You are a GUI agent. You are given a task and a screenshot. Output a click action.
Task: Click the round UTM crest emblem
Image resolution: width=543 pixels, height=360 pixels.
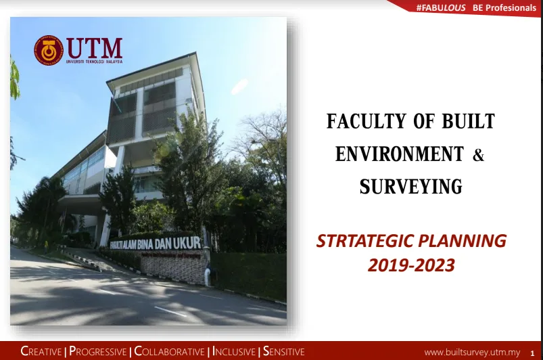pyautogui.click(x=49, y=50)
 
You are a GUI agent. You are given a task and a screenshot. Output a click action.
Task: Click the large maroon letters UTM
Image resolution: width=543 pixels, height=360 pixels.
pyautogui.click(x=95, y=48)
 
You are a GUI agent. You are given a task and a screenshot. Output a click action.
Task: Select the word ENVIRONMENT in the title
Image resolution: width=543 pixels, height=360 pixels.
pyautogui.click(x=400, y=154)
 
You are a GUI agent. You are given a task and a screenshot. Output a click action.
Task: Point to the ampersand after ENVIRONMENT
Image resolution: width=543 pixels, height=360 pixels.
pyautogui.click(x=478, y=154)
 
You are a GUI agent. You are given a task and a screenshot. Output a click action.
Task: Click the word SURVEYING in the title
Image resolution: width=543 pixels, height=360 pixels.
pyautogui.click(x=410, y=186)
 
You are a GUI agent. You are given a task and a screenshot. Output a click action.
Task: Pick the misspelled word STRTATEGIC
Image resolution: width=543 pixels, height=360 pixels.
pyautogui.click(x=365, y=241)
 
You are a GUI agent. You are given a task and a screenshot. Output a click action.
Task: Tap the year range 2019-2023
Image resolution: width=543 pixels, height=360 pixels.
pyautogui.click(x=411, y=265)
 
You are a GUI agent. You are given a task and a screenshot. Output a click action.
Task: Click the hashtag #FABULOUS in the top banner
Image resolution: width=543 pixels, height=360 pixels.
pyautogui.click(x=441, y=7)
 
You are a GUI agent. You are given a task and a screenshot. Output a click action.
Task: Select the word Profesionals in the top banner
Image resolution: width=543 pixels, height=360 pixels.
pyautogui.click(x=511, y=7)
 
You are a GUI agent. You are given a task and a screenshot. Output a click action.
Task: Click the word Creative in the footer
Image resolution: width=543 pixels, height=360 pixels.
pyautogui.click(x=41, y=351)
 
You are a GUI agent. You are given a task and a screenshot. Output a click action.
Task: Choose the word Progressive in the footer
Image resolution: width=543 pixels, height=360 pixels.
pyautogui.click(x=98, y=351)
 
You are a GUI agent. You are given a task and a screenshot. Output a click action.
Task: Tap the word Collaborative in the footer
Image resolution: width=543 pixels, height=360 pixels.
pyautogui.click(x=169, y=351)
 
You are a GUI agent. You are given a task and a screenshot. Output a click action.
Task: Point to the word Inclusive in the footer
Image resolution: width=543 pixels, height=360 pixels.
pyautogui.click(x=234, y=351)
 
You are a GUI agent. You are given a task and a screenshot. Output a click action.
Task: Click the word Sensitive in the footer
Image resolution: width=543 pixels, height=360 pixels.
pyautogui.click(x=283, y=351)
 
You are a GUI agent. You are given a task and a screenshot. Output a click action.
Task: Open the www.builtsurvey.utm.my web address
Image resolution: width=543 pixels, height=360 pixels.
pyautogui.click(x=473, y=353)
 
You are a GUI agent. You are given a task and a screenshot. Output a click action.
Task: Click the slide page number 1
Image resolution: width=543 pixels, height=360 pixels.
pyautogui.click(x=532, y=353)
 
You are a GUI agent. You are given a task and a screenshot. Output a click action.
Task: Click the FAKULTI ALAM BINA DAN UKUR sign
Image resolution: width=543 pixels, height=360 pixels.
pyautogui.click(x=155, y=243)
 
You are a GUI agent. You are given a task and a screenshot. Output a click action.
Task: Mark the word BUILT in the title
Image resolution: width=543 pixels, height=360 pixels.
pyautogui.click(x=468, y=121)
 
